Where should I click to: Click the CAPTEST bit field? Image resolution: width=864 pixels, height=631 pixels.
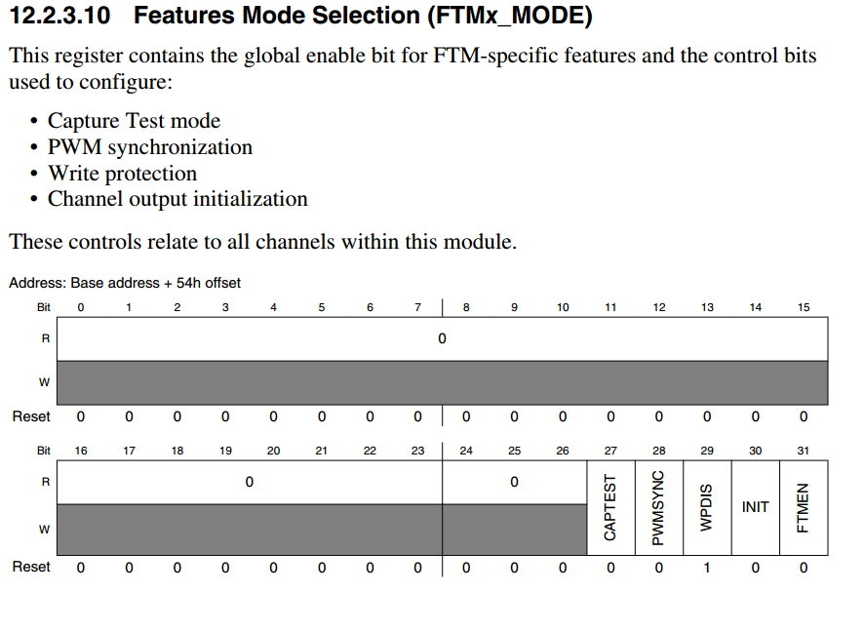point(611,507)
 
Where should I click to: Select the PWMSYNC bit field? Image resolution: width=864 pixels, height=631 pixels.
point(659,507)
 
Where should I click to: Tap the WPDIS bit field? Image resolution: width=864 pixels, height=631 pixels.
point(707,507)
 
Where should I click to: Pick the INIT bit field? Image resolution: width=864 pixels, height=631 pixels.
point(756,507)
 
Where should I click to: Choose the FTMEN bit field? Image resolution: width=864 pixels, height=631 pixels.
point(804,507)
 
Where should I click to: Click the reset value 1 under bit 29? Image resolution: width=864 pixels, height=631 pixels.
point(707,568)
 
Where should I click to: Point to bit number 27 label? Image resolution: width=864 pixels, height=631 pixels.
point(610,451)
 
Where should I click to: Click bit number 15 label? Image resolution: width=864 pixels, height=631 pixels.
point(804,307)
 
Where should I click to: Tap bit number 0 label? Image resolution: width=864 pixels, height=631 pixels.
point(81,307)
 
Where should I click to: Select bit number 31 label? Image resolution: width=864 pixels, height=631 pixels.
point(804,451)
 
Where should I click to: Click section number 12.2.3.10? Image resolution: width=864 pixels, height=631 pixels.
point(60,15)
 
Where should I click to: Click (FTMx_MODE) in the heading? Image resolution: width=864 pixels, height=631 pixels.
point(510,16)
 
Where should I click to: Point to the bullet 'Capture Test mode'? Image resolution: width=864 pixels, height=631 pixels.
point(134,120)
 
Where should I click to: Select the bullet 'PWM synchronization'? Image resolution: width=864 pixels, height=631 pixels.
point(150,147)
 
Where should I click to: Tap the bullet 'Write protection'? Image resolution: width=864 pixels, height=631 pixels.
point(122,173)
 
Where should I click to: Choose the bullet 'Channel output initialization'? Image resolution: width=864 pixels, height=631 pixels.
point(177,199)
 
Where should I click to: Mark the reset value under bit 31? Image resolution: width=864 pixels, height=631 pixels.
point(804,568)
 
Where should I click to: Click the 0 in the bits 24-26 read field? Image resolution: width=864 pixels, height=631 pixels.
point(514,482)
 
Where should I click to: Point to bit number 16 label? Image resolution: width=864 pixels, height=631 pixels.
point(81,451)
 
